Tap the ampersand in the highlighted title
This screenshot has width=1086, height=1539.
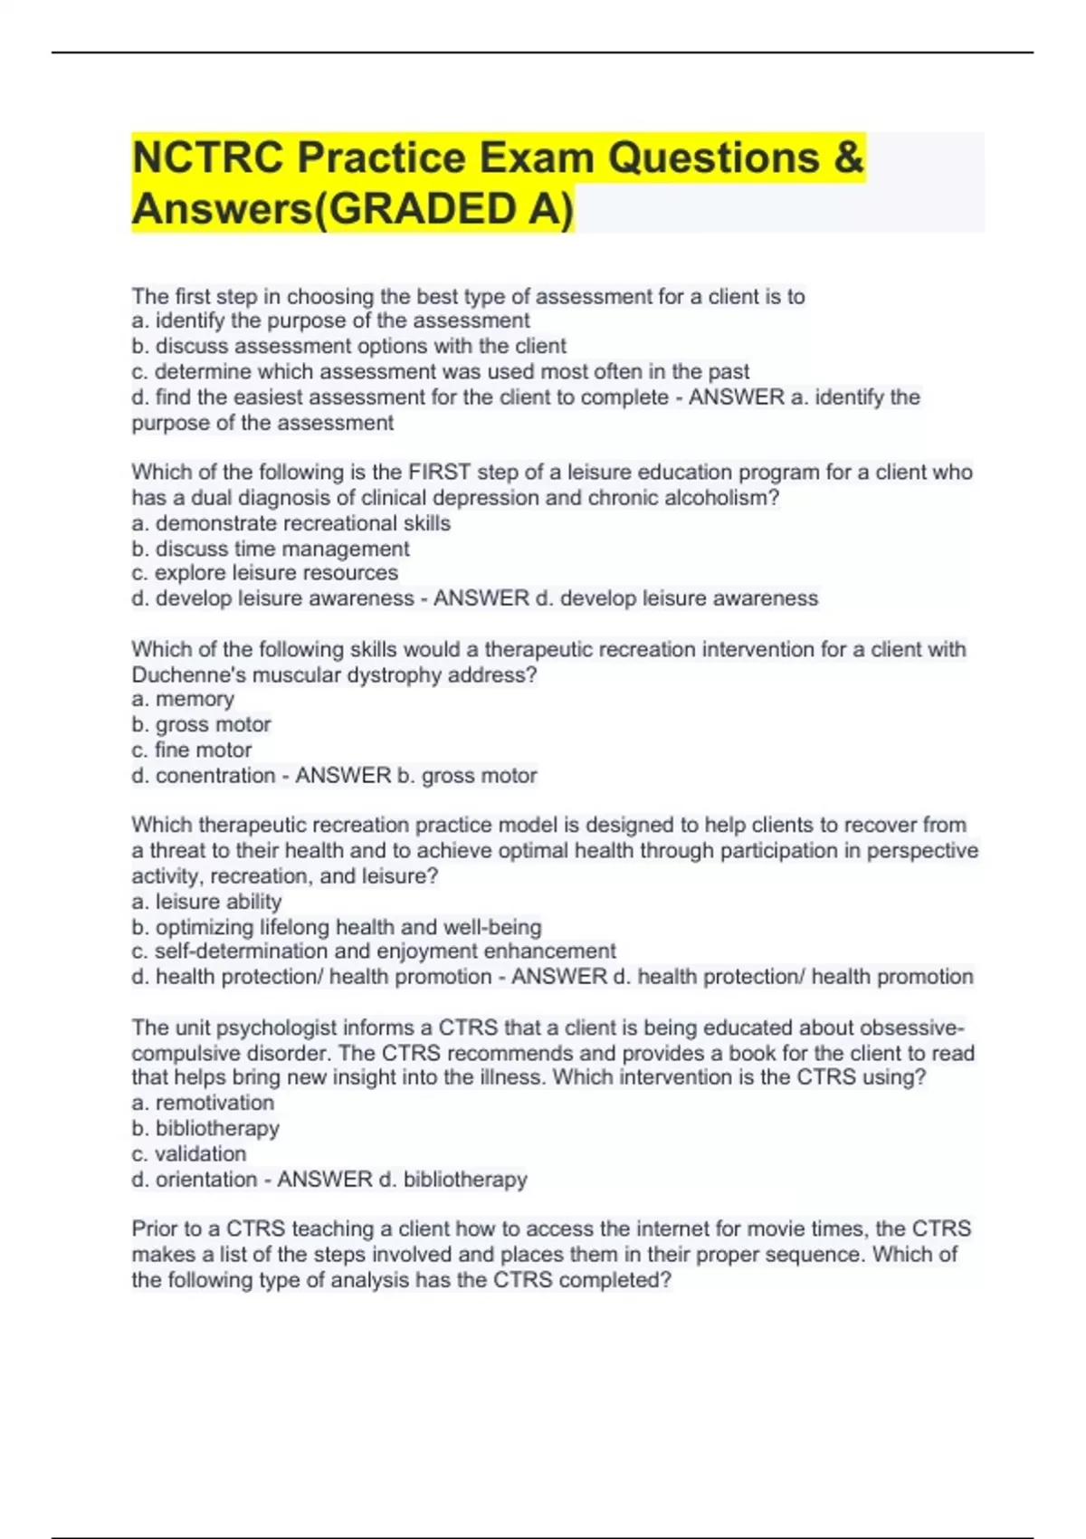[x=848, y=158]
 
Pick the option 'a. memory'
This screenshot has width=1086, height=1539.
[x=183, y=699]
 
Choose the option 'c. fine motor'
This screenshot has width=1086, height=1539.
[x=192, y=750]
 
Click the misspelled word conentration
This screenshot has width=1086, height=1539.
[x=215, y=775]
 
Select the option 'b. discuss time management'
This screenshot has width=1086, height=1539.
[x=271, y=549]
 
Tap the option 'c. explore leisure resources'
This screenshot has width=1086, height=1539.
[x=265, y=573]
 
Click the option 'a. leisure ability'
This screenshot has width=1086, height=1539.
[x=207, y=902]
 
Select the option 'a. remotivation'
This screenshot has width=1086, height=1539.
[x=203, y=1103]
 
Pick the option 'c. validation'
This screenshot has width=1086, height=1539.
[x=189, y=1153]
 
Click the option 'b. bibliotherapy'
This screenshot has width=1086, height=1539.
[x=205, y=1128]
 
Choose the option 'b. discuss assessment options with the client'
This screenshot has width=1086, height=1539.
[x=349, y=346]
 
